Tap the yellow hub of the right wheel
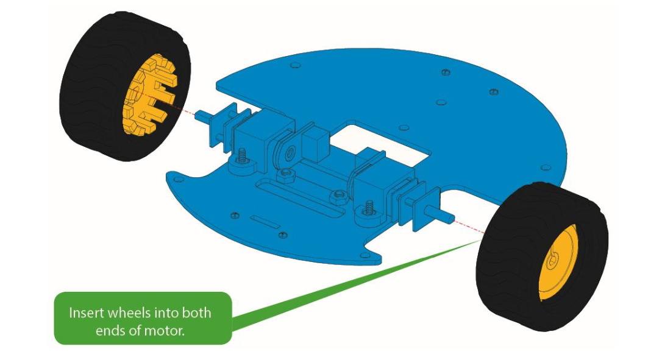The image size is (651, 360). [556, 263]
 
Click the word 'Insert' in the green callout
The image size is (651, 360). [87, 313]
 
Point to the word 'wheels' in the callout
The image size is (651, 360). [132, 313]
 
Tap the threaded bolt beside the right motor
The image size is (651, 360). [369, 207]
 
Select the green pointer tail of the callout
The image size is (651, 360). [341, 286]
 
